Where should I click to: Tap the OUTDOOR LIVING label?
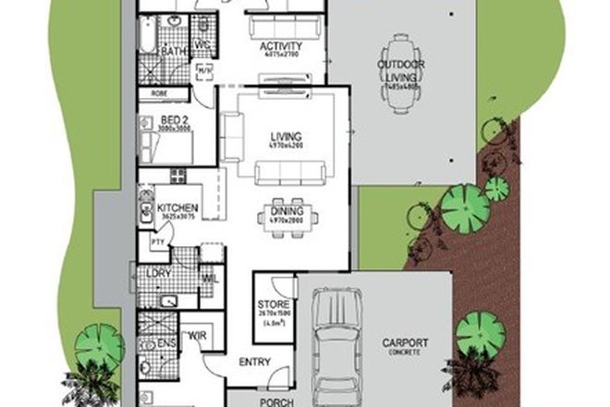tap(400, 65)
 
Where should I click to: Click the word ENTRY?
tap(255, 363)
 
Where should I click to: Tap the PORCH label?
tap(276, 401)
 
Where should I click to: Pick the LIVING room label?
tap(285, 138)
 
